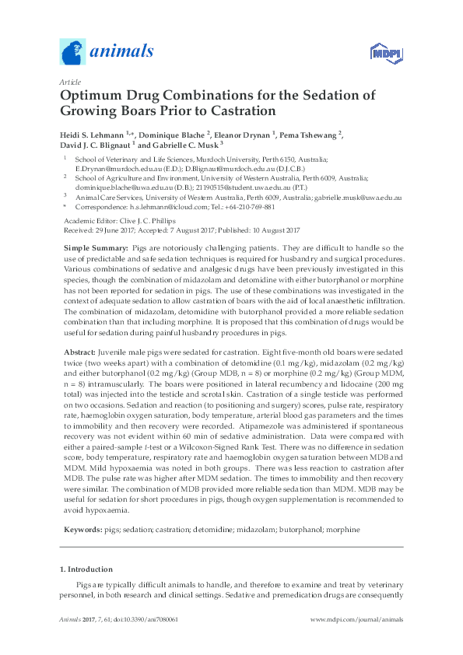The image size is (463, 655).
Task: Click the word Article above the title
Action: pyautogui.click(x=68, y=81)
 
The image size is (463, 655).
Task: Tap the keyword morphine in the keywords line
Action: pyautogui.click(x=343, y=529)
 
